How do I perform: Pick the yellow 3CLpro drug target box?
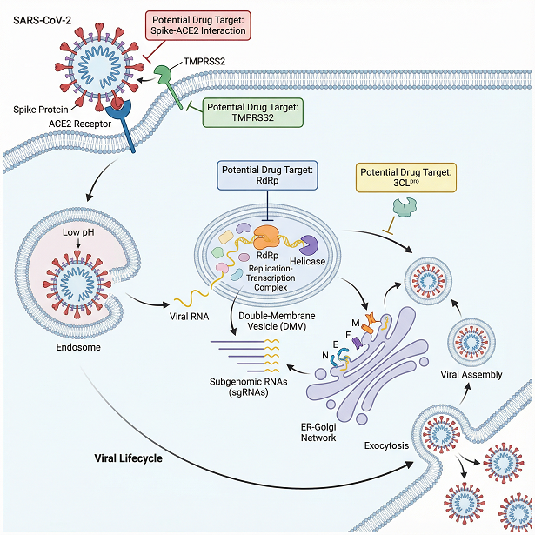[404, 177]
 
